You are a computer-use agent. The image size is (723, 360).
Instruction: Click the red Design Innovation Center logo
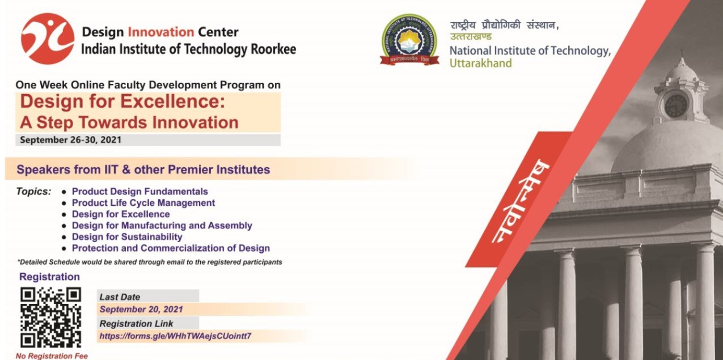(48, 39)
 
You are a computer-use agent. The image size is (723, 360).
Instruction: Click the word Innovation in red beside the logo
(160, 32)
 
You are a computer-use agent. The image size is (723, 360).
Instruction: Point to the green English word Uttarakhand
(481, 63)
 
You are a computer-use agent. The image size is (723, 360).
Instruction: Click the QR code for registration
(50, 317)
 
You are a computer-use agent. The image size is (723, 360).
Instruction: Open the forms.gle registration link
(175, 336)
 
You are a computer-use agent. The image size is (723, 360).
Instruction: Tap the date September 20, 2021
(141, 310)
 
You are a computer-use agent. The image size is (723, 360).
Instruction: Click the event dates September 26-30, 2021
(71, 140)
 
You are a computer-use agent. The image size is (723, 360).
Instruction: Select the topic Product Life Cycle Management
(143, 203)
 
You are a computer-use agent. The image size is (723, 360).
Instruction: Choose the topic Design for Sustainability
(127, 237)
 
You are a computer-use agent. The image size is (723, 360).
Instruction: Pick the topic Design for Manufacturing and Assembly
(162, 226)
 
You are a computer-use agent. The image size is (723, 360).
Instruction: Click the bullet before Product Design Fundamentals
(64, 192)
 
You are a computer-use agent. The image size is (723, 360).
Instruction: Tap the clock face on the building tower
(675, 106)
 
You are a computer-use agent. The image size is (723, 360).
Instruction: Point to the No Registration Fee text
(52, 356)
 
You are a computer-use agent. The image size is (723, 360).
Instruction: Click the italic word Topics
(33, 192)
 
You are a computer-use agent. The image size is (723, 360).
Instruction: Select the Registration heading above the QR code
(49, 277)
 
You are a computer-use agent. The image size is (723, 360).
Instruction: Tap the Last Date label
(120, 297)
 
